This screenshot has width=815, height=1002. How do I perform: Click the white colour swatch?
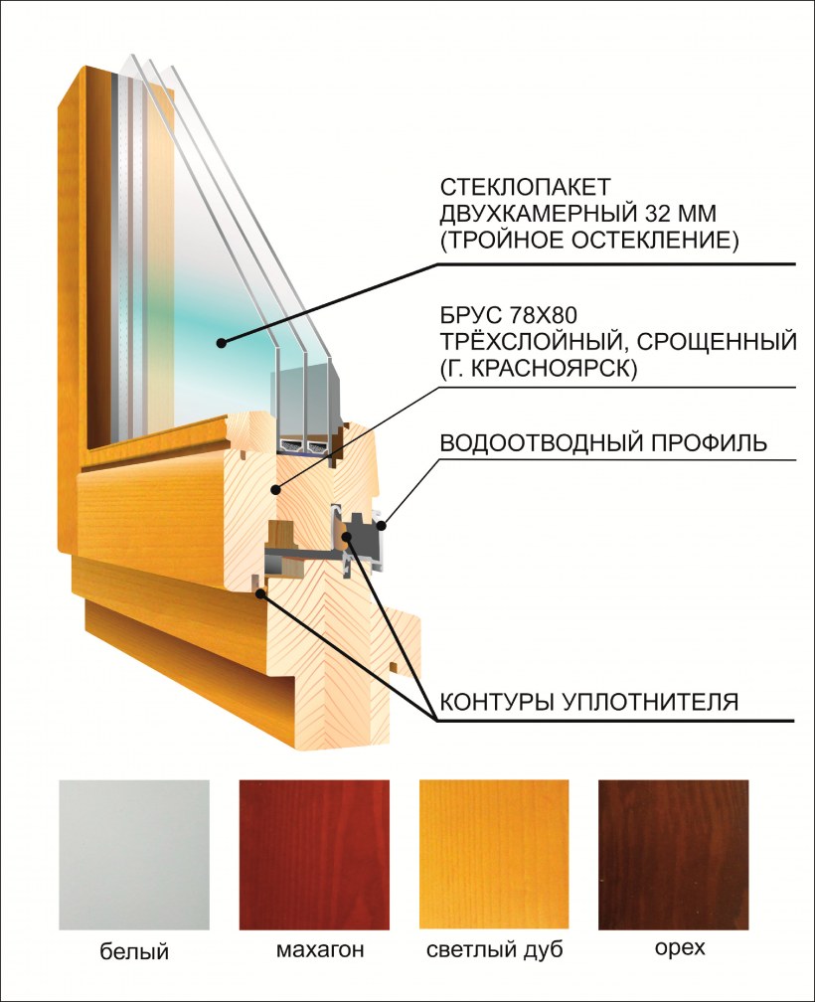(134, 855)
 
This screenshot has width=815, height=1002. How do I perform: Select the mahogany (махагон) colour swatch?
(314, 855)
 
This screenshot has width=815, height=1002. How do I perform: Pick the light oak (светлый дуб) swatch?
(494, 855)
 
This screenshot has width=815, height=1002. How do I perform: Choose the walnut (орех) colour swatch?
(673, 855)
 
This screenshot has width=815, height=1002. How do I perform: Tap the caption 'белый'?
(134, 951)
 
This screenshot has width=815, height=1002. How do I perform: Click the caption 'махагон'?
(320, 950)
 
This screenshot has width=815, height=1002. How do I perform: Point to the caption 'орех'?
(680, 948)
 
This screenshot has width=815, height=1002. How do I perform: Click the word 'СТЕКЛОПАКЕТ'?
(526, 187)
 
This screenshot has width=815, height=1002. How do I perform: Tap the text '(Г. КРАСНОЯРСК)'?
(539, 369)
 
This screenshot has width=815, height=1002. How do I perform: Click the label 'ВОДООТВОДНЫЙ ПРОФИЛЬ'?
(603, 443)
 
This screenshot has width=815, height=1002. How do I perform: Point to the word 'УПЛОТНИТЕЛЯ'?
(650, 702)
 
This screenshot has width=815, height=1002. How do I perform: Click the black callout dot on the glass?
(221, 343)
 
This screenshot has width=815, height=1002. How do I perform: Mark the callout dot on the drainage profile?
(382, 526)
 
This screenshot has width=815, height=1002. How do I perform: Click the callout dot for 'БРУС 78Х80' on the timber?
(275, 490)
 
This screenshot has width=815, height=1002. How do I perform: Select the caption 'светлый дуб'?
(495, 950)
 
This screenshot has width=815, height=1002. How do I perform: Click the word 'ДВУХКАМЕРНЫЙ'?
(539, 214)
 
